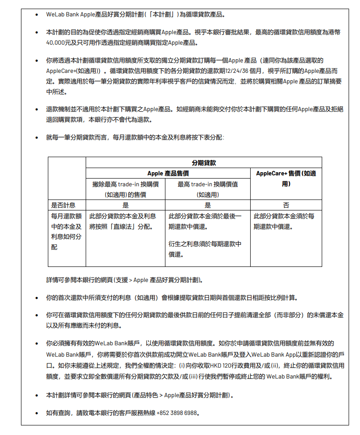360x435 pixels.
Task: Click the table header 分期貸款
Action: click(x=204, y=163)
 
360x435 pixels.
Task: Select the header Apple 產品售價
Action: click(x=168, y=174)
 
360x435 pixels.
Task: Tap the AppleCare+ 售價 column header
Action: click(x=286, y=179)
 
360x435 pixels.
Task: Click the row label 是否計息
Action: click(x=63, y=205)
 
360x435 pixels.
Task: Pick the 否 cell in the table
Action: click(x=286, y=205)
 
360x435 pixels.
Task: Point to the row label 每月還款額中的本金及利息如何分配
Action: click(x=67, y=231)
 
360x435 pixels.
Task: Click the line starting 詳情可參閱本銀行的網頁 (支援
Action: click(x=124, y=280)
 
